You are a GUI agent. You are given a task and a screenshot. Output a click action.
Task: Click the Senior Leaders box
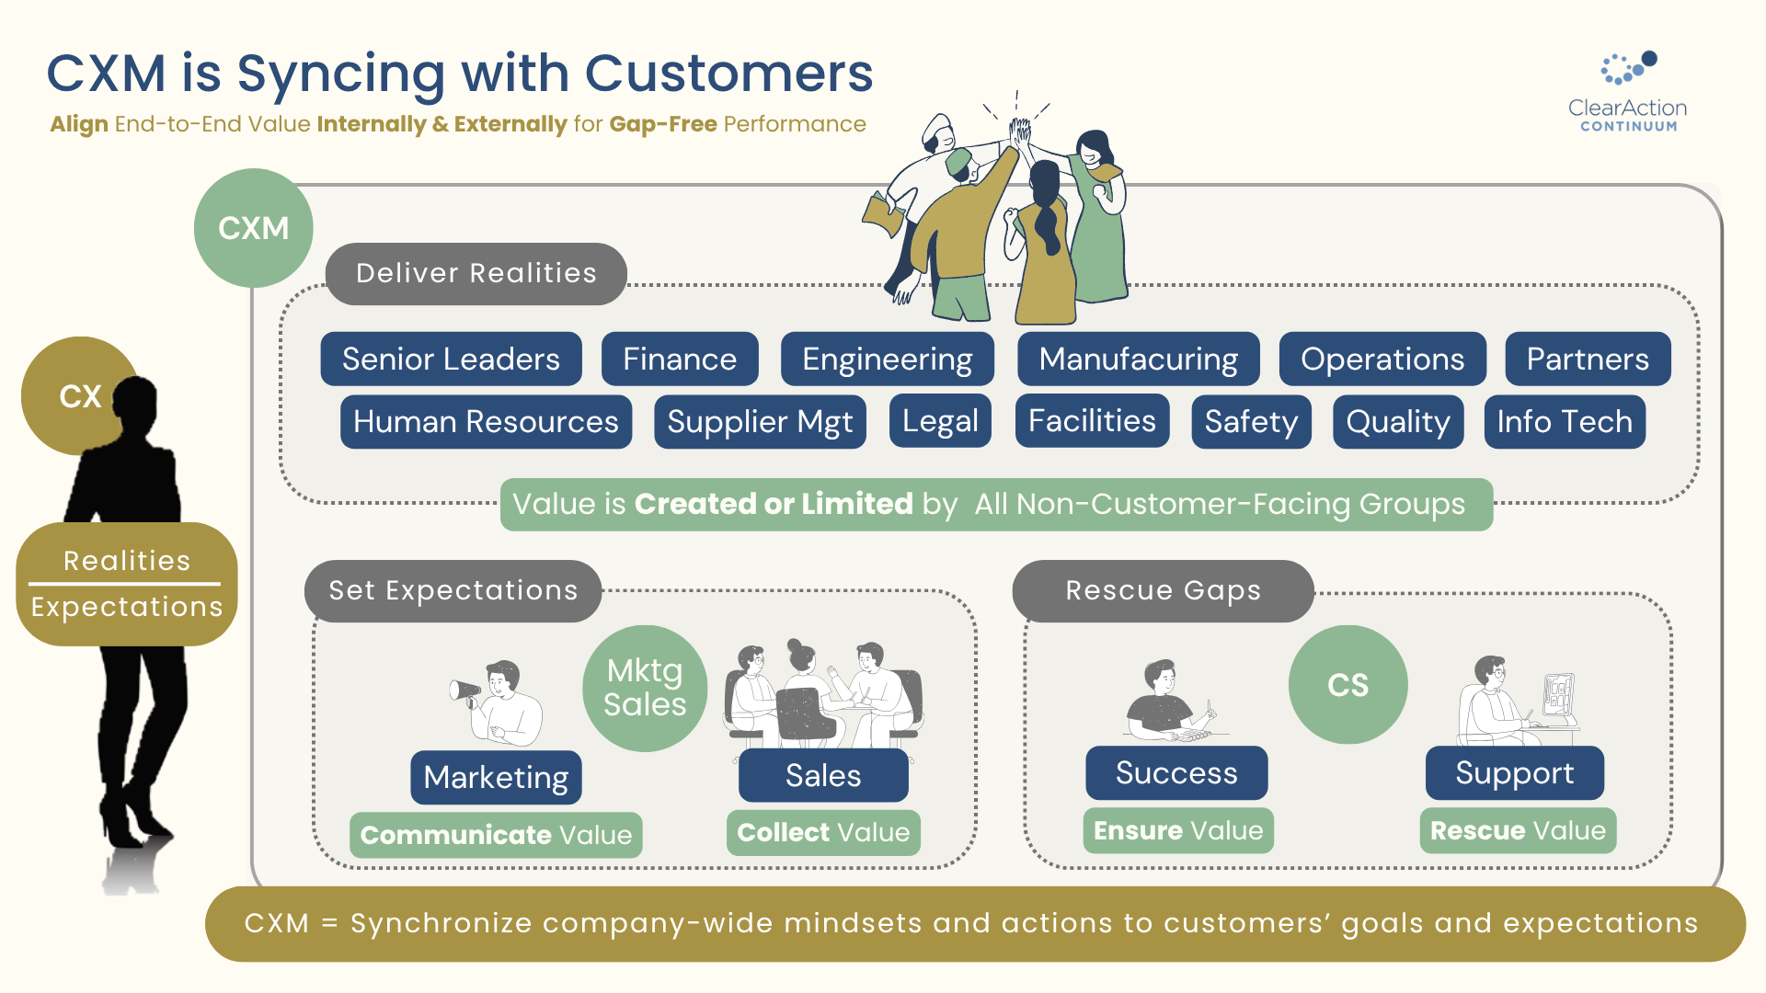[x=451, y=359]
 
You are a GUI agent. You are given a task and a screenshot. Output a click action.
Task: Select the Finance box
[x=680, y=359]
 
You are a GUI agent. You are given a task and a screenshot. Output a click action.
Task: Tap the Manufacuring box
[x=1138, y=359]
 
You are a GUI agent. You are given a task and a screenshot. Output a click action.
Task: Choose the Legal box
[x=940, y=421]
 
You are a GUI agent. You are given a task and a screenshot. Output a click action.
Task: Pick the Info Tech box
[x=1564, y=421]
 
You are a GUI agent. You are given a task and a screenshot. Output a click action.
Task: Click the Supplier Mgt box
[x=760, y=422]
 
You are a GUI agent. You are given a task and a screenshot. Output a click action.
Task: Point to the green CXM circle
[x=253, y=228]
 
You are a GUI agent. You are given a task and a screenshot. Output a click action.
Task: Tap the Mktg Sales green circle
[x=645, y=688]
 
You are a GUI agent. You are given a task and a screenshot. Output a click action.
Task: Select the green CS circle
[x=1347, y=685]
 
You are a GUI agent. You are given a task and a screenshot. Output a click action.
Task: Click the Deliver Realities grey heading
[x=476, y=273]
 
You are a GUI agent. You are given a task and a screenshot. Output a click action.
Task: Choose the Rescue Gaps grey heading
[x=1163, y=590]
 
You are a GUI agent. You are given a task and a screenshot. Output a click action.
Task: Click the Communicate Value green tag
[x=496, y=835]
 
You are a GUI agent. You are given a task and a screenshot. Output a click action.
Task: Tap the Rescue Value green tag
[x=1518, y=830]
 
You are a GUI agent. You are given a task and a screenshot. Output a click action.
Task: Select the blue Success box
[x=1176, y=773]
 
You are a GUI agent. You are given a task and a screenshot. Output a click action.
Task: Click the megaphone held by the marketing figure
[x=464, y=691]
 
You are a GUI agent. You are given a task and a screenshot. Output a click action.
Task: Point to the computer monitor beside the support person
[x=1558, y=694]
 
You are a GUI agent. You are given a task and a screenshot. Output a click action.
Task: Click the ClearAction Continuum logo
[x=1627, y=92]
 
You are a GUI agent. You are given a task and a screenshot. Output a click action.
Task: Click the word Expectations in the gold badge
[x=127, y=607]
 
